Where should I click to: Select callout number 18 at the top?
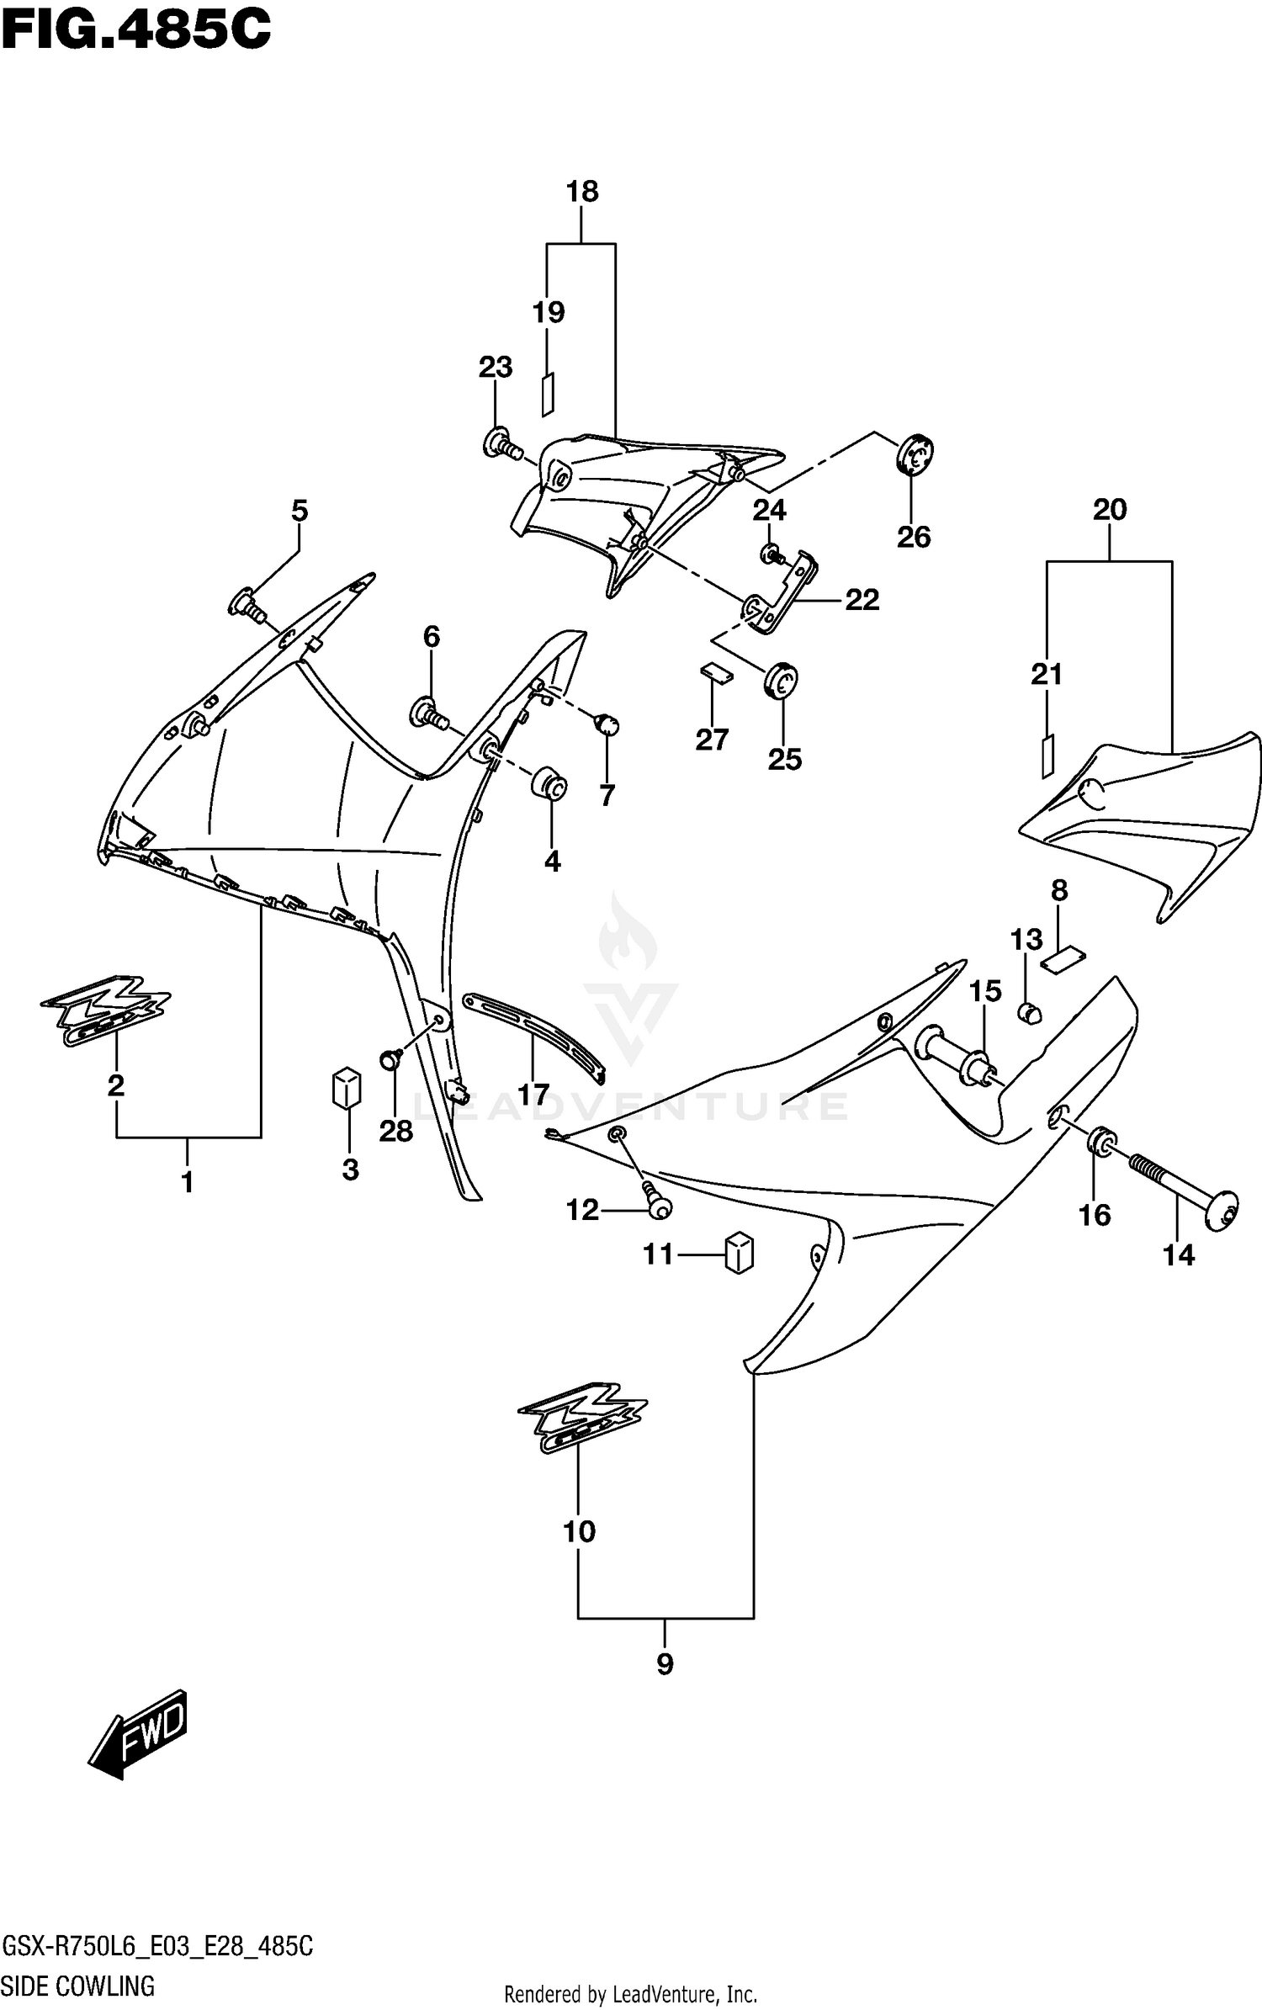(582, 192)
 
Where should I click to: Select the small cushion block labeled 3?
(346, 1089)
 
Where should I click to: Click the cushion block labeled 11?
(738, 1253)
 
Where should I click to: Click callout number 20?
(1110, 510)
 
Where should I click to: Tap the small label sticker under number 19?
(548, 394)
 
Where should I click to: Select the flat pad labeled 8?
(1063, 958)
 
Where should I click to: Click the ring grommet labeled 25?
(781, 680)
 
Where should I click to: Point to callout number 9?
(665, 1663)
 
